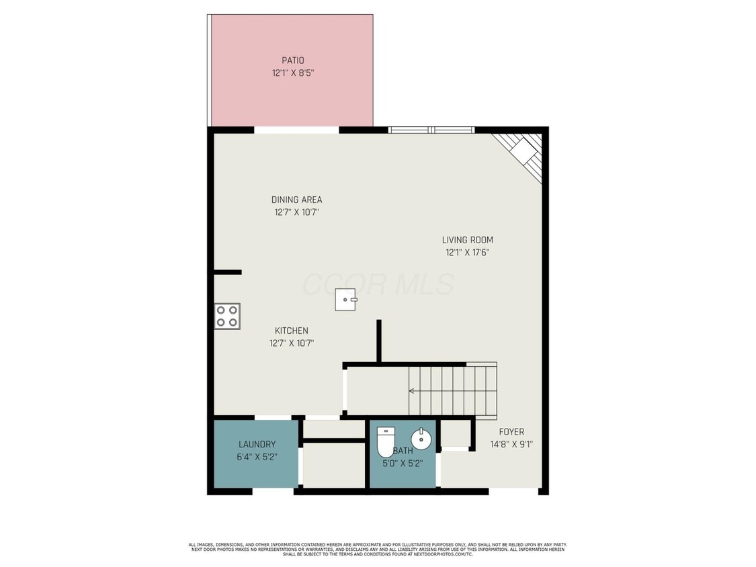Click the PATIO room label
pyautogui.click(x=292, y=60)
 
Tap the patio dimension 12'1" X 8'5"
pyautogui.click(x=292, y=73)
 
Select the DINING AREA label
pyautogui.click(x=296, y=200)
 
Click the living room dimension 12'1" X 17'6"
pyautogui.click(x=468, y=253)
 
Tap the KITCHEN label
pyautogui.click(x=291, y=331)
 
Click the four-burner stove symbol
pyautogui.click(x=227, y=316)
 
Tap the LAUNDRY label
pyautogui.click(x=257, y=444)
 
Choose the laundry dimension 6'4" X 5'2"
pyautogui.click(x=257, y=457)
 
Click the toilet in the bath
pyautogui.click(x=385, y=441)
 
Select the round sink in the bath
pyautogui.click(x=421, y=439)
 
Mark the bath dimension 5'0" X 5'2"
pyautogui.click(x=403, y=463)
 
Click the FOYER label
pyautogui.click(x=511, y=432)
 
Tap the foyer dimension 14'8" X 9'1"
pyautogui.click(x=511, y=444)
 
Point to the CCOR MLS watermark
pyautogui.click(x=378, y=284)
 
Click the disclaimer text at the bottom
pyautogui.click(x=378, y=549)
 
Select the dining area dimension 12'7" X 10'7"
pyautogui.click(x=296, y=212)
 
